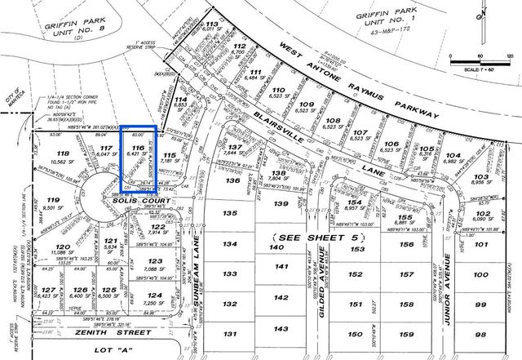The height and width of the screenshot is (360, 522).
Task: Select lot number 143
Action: pyautogui.click(x=281, y=329)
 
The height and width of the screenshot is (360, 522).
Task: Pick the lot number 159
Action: pyautogui.click(x=405, y=334)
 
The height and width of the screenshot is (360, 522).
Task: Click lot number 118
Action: pyautogui.click(x=61, y=153)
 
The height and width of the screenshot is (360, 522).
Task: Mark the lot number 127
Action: pyautogui.click(x=49, y=290)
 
